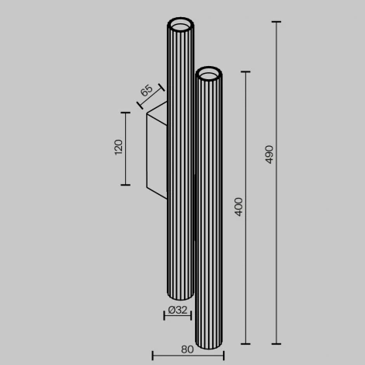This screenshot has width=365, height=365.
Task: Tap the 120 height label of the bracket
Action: coord(119,148)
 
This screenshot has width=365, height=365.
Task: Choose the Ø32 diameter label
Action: coord(178,311)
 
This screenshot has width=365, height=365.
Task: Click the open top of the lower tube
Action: coord(209,75)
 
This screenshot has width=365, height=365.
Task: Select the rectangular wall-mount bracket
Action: coord(156,149)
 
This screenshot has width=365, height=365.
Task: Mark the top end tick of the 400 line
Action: coord(247,72)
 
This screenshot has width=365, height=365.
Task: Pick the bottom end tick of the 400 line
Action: coord(247,343)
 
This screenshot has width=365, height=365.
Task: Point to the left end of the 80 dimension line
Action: coord(152,356)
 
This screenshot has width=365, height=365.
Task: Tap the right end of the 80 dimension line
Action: coord(221,356)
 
